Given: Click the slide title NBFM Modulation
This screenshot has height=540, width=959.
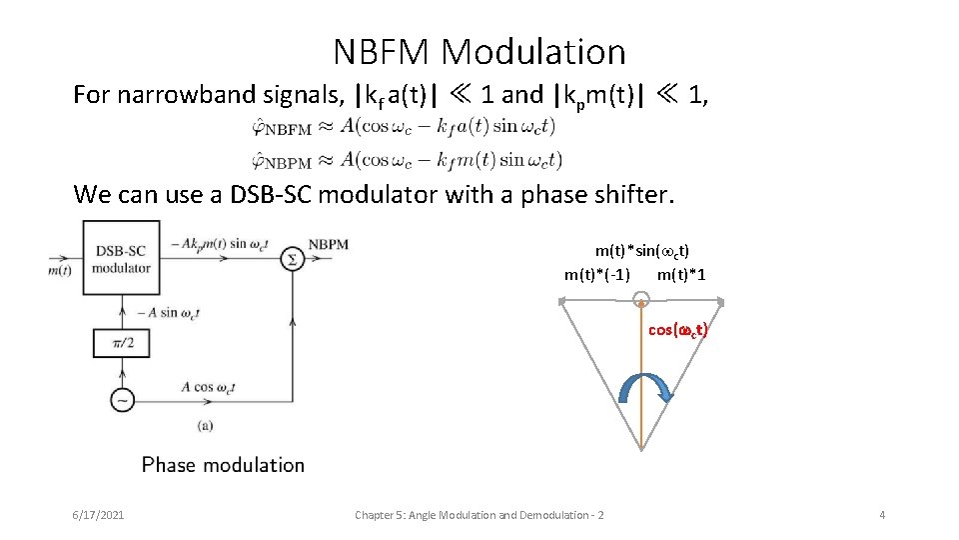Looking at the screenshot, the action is (x=479, y=51).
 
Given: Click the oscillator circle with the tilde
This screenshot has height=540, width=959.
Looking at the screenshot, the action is (x=122, y=400).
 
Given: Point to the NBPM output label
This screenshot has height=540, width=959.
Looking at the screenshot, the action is (x=329, y=243).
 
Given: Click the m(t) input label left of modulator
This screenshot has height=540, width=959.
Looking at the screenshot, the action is (x=60, y=269).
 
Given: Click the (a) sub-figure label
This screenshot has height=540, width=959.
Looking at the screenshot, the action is (x=204, y=425).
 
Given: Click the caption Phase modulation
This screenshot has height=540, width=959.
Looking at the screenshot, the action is (x=223, y=464).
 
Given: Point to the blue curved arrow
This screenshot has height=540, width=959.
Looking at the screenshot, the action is (x=646, y=384).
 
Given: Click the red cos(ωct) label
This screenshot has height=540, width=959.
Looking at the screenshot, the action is (x=677, y=329).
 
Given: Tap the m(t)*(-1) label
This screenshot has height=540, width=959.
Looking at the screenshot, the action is (x=597, y=274).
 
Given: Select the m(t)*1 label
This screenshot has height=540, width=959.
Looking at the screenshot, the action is (x=681, y=274).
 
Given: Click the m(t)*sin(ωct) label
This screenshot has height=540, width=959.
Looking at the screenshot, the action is (x=642, y=251).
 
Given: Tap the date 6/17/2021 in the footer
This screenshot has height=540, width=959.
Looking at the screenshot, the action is (x=98, y=515).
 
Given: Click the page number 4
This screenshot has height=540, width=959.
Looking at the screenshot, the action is (x=882, y=515).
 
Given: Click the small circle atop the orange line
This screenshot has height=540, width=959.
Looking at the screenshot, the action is (x=641, y=297).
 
